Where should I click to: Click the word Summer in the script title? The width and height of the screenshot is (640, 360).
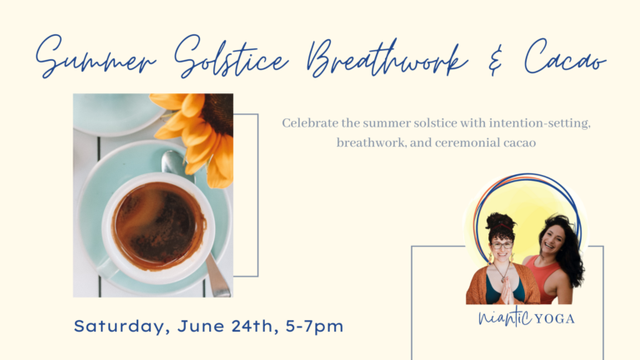coord(96,57)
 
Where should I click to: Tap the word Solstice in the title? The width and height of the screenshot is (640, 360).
coord(231,57)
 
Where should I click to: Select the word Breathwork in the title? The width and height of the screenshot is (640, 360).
coord(387,58)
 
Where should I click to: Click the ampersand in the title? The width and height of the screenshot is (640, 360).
coord(495,60)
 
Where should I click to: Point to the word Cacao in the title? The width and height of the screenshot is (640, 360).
coord(565,57)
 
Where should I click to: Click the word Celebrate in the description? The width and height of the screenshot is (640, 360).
coord(310,122)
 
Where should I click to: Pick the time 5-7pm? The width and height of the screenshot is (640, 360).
coord(314,327)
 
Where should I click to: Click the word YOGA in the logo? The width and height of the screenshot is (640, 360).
coord(554,319)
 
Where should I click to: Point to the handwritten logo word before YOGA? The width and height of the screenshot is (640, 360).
coord(505,317)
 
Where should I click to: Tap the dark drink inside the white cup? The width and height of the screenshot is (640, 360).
coord(158,223)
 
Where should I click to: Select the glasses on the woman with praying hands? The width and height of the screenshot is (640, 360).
coord(502,245)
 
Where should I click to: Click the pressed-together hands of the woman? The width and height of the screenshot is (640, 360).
coord(507,291)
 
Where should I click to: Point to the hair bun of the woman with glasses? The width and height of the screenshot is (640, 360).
coord(500,221)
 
